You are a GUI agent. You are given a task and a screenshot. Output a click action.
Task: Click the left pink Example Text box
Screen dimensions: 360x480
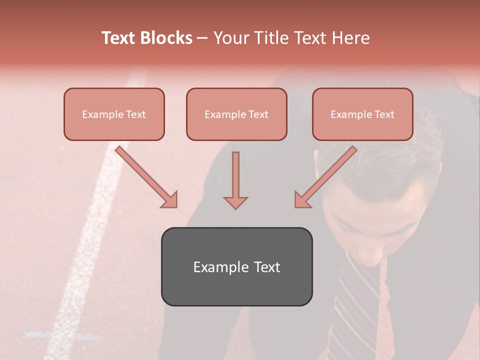114,114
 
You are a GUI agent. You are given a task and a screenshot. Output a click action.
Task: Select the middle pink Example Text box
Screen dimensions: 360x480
236,114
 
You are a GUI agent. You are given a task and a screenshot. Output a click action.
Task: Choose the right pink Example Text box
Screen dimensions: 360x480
362,114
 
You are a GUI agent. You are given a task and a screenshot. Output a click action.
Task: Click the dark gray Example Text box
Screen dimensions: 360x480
236,266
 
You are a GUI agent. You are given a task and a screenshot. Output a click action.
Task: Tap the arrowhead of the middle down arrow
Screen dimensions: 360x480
235,202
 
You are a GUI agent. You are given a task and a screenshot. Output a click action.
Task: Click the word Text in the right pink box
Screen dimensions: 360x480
384,114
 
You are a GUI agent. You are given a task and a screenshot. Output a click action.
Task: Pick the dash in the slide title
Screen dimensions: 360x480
202,38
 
